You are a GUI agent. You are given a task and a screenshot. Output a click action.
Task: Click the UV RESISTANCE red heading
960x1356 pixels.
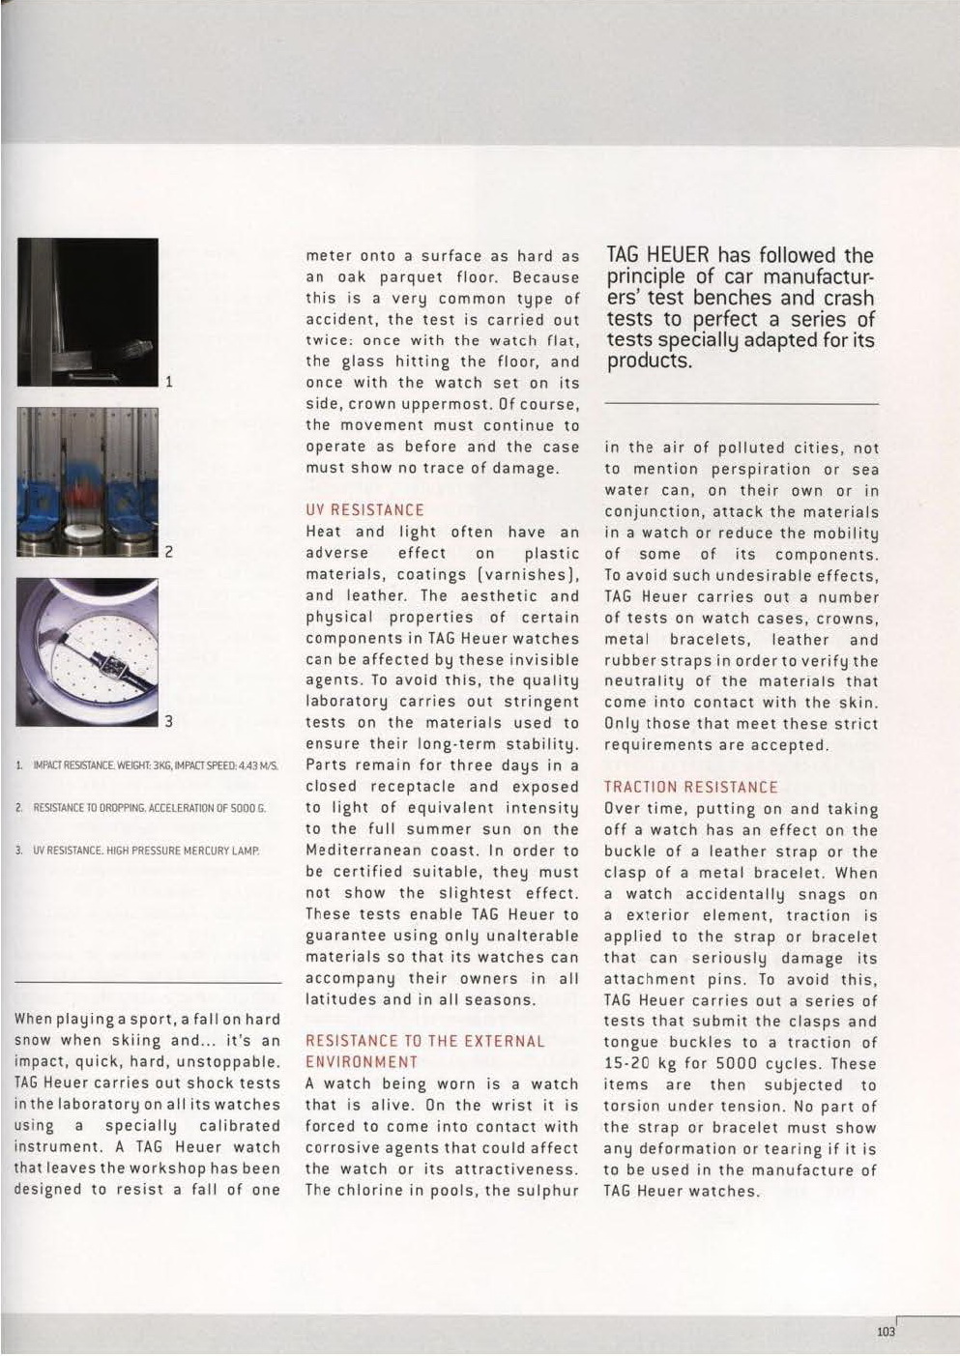click(x=364, y=510)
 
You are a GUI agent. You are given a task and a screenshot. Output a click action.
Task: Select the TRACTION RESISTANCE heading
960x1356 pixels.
click(x=690, y=788)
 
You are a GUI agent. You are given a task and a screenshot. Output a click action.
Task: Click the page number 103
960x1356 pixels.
click(x=886, y=1331)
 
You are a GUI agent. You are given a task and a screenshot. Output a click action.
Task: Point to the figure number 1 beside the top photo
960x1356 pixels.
click(x=168, y=382)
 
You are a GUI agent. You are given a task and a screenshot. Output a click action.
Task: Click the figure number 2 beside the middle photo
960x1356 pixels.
click(x=168, y=553)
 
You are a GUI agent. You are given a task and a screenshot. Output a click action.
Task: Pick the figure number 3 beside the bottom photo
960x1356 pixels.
click(x=168, y=720)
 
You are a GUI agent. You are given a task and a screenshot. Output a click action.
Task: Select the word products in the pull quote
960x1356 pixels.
click(x=648, y=362)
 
